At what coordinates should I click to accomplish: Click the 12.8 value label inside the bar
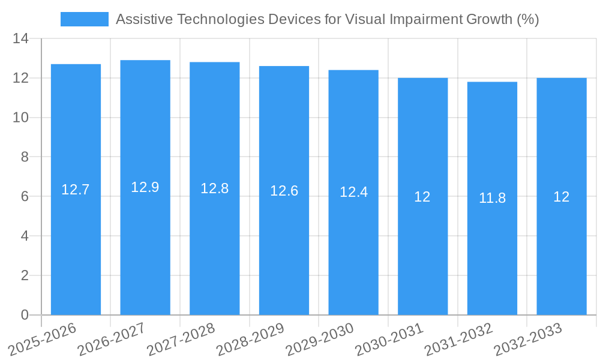tap(214, 188)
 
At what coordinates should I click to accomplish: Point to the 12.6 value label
tap(284, 191)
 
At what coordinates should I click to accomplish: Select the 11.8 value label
tap(492, 198)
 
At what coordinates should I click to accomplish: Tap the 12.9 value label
tap(145, 187)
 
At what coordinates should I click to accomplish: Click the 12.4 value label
tap(353, 193)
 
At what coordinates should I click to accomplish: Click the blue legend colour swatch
tap(85, 19)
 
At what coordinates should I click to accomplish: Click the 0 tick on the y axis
tap(25, 315)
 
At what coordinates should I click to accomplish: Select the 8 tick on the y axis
tap(25, 157)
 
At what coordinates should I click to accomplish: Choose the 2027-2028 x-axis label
tap(181, 338)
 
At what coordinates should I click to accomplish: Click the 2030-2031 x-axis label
tap(389, 338)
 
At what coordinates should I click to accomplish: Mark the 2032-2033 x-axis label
tap(528, 338)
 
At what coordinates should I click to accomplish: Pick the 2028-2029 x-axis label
tap(250, 338)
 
